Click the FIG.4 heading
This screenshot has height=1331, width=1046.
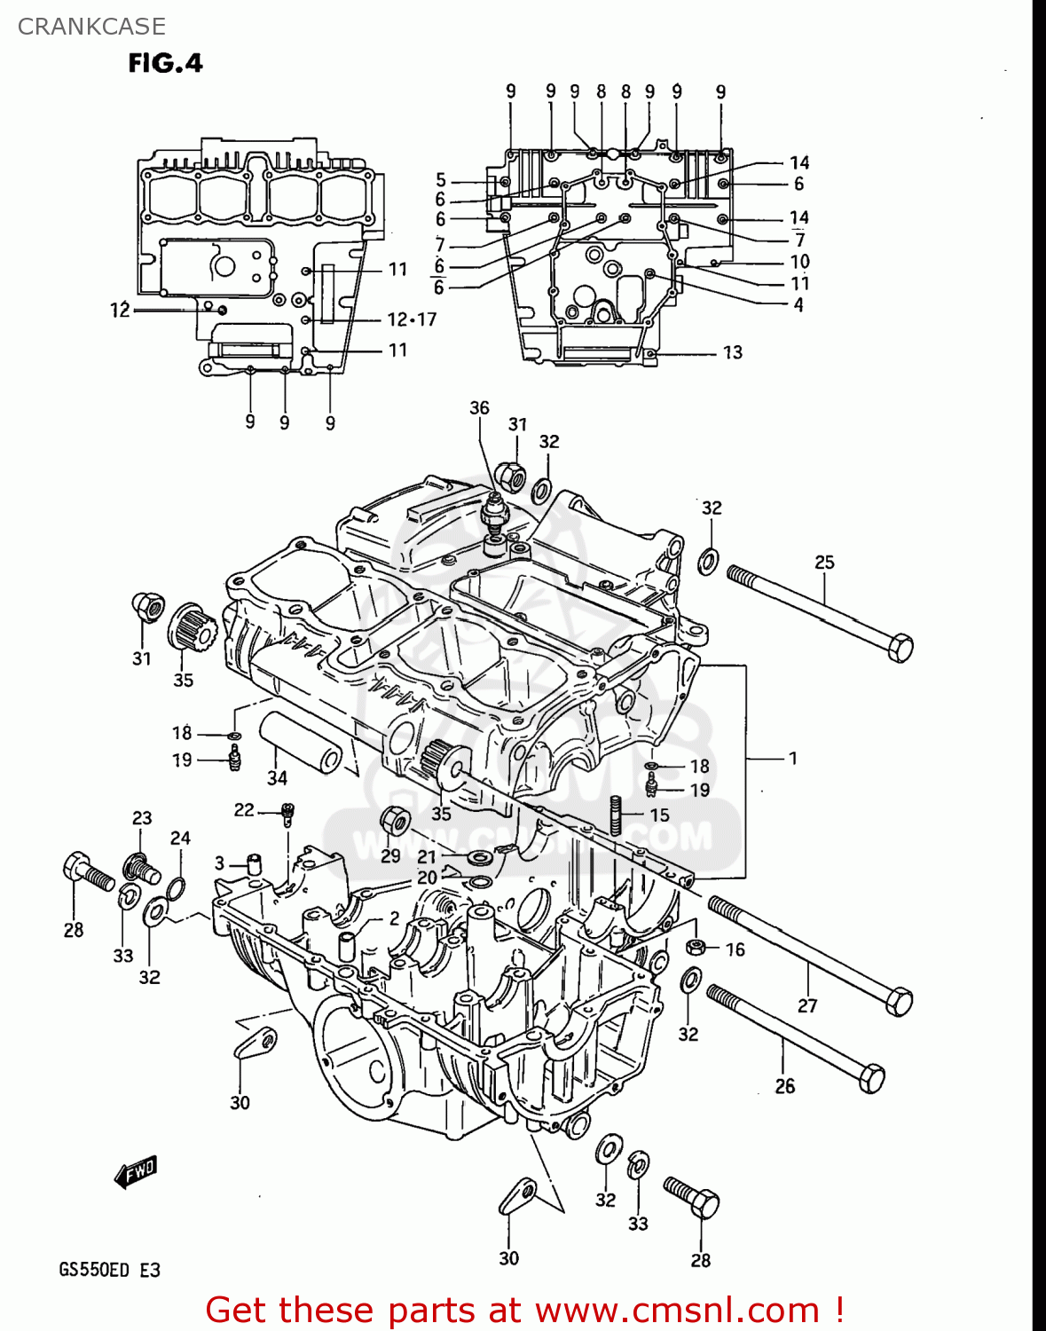(165, 63)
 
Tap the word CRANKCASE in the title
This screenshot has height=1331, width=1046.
(91, 27)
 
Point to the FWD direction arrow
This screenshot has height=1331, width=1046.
(136, 1171)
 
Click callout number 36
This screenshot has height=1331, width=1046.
(479, 407)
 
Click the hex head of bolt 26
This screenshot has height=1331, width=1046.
(871, 1077)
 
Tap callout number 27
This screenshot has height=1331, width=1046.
(807, 1005)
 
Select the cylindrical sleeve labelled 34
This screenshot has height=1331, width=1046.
(300, 743)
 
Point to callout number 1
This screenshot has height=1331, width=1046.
(792, 759)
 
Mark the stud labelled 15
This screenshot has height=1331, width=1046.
(614, 815)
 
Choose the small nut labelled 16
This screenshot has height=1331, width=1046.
(696, 946)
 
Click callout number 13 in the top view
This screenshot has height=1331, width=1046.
(732, 353)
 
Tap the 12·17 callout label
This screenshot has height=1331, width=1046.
(412, 319)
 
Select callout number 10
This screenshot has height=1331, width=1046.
(799, 262)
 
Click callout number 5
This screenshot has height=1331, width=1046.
(441, 180)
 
